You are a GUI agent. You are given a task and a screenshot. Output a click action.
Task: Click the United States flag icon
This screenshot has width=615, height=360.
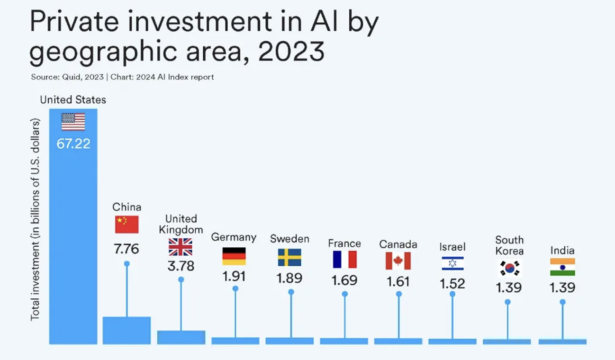(x=73, y=122)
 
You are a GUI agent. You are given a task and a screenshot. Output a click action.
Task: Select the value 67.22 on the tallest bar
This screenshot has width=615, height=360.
(x=73, y=144)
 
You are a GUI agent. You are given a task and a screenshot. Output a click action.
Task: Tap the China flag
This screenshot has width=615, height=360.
(x=127, y=225)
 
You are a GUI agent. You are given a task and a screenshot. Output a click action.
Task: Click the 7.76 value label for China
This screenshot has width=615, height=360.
(x=127, y=249)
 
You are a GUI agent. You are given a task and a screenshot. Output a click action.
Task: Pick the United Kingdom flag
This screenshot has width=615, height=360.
(x=181, y=247)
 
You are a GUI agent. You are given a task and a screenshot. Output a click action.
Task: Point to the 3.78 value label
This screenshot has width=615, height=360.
(x=181, y=266)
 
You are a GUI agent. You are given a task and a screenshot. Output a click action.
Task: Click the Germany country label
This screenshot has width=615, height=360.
(x=234, y=237)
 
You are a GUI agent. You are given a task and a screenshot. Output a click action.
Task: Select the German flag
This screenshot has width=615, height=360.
(x=234, y=256)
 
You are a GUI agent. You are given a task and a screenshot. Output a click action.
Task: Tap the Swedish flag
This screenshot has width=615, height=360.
(x=289, y=257)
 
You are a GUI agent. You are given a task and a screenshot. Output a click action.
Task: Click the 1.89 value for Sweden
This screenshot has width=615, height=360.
(x=289, y=278)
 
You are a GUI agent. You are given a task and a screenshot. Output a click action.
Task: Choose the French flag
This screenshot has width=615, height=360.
(x=344, y=260)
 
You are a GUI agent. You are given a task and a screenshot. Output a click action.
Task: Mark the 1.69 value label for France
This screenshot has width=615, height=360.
(x=344, y=280)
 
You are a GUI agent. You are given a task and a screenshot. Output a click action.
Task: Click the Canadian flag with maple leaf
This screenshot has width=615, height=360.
(x=398, y=261)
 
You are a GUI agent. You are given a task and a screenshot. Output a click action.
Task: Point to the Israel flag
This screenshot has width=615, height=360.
(x=452, y=263)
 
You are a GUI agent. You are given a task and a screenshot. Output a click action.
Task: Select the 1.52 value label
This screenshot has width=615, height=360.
(x=452, y=284)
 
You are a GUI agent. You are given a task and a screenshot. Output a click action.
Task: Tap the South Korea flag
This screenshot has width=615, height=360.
(x=509, y=268)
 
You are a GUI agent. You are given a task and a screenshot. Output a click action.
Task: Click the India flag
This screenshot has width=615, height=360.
(x=562, y=267)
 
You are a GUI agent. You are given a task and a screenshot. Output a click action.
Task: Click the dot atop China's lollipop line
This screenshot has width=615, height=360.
(x=127, y=263)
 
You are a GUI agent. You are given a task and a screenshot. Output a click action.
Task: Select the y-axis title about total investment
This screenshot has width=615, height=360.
(x=35, y=219)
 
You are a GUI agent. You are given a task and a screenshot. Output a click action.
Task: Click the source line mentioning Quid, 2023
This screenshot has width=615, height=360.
(x=122, y=77)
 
